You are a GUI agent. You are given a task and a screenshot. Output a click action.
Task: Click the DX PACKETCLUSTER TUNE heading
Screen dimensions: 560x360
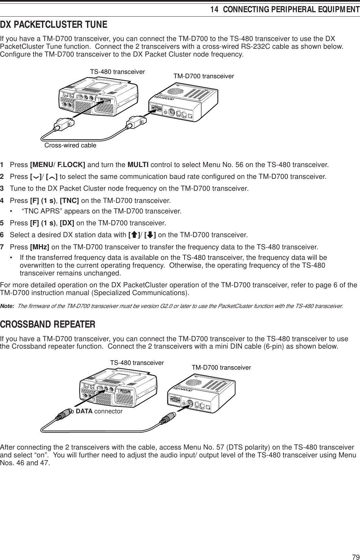[54, 25]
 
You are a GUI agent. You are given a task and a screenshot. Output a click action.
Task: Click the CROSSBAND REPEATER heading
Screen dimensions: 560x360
[48, 324]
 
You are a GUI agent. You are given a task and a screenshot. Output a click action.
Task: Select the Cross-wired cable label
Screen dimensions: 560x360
[70, 145]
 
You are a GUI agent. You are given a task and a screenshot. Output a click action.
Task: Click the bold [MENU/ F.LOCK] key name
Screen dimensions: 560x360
[58, 165]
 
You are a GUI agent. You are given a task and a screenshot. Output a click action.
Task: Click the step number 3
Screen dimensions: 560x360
[2, 188]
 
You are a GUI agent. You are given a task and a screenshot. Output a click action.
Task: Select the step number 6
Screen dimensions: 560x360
[2, 235]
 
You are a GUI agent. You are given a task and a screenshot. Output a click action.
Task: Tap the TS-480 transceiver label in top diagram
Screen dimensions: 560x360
[117, 72]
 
